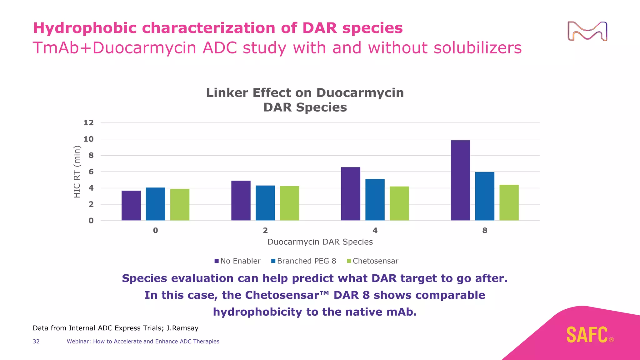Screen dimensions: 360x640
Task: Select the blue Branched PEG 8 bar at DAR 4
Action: click(375, 200)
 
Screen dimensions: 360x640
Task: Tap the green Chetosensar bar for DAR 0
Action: click(180, 205)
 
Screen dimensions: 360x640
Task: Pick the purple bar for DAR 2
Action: click(241, 201)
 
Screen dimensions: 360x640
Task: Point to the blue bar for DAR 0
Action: click(155, 204)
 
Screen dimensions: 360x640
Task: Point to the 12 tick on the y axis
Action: click(88, 123)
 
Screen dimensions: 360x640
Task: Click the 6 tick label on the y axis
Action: click(91, 172)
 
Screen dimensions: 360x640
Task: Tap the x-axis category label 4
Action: click(375, 231)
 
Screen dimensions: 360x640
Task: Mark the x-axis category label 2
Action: click(265, 231)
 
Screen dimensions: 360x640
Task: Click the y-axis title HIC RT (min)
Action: click(77, 172)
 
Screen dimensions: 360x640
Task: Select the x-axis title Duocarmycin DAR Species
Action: click(320, 242)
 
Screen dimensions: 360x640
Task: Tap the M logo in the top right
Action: click(587, 31)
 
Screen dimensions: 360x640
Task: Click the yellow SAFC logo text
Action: click(587, 335)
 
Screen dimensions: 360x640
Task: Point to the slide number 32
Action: click(36, 342)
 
